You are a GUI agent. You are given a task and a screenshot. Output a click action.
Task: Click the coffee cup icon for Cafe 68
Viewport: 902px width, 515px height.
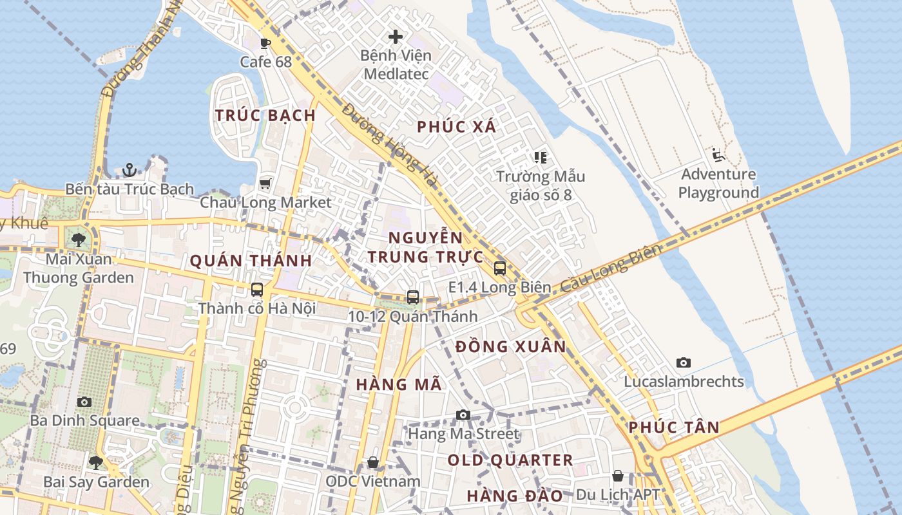coord(264,43)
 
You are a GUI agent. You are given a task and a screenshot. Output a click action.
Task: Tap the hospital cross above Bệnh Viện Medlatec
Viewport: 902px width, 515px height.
coord(396,37)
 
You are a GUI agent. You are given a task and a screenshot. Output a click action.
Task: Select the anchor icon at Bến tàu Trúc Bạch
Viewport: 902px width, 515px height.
coord(130,170)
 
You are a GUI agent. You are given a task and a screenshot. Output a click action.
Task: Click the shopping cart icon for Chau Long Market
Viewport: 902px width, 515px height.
coord(265,183)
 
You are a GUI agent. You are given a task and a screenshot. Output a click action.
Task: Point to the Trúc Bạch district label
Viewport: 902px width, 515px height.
coord(265,116)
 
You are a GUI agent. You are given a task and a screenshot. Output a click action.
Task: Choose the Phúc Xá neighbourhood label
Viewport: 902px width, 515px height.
coord(457,127)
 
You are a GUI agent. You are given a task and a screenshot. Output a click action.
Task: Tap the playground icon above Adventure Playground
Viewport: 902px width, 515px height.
coord(718,155)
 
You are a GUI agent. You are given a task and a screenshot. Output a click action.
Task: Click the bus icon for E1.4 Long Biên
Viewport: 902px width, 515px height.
coord(500,268)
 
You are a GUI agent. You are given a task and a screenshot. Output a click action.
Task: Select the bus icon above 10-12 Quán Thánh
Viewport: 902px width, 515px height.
coord(413,297)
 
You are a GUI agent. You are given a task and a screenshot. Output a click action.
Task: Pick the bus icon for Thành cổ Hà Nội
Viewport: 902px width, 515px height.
coord(257,290)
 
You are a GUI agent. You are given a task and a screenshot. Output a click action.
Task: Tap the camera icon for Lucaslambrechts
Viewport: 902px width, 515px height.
coord(684,363)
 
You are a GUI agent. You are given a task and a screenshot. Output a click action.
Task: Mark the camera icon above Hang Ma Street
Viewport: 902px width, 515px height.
coord(463,415)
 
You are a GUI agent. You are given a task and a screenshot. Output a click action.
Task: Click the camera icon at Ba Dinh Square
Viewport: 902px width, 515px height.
coord(84,402)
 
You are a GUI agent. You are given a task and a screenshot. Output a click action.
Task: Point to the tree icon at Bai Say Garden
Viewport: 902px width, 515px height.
coord(96,462)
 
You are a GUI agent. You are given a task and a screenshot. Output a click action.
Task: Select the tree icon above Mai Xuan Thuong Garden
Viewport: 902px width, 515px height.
coord(79,240)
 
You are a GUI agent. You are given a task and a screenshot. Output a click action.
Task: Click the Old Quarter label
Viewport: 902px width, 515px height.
coord(510,460)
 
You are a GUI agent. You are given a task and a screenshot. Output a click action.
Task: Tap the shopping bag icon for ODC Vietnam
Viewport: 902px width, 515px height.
coord(372,462)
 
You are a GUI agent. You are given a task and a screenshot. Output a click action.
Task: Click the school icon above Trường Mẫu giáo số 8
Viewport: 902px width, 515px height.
coord(540,157)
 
